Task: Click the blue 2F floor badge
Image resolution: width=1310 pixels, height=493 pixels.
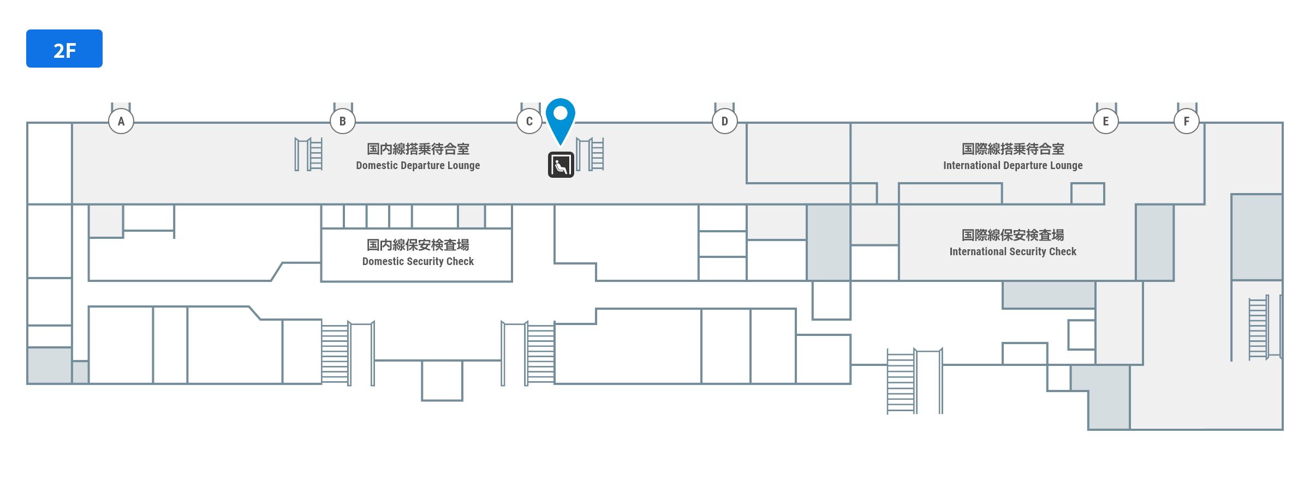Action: click(64, 49)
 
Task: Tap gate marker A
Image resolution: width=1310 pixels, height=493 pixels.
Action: click(121, 121)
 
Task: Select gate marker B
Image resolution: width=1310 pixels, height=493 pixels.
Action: click(343, 121)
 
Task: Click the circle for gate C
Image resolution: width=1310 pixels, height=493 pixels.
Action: click(529, 121)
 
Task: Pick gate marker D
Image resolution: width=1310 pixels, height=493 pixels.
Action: click(725, 121)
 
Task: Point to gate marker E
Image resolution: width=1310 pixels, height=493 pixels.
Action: click(1106, 121)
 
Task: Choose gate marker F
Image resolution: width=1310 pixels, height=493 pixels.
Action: click(1187, 121)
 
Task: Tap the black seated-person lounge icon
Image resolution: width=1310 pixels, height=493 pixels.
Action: click(561, 165)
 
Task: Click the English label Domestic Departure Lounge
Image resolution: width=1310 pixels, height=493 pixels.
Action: click(418, 166)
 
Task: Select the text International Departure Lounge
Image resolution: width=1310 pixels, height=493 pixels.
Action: click(1013, 166)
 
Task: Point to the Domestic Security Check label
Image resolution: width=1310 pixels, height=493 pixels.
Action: click(418, 262)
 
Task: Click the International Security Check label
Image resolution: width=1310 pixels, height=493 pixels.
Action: click(1013, 252)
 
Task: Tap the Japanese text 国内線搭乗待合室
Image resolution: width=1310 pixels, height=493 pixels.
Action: click(418, 149)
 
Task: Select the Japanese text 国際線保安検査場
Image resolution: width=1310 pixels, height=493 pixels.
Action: click(1013, 235)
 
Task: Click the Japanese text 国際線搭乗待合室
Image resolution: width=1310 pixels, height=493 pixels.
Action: click(1013, 149)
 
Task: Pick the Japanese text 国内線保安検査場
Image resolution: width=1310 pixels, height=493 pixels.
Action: click(418, 245)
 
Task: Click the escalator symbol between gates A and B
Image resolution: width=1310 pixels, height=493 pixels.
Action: click(309, 154)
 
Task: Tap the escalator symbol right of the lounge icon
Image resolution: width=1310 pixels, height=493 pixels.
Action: click(591, 154)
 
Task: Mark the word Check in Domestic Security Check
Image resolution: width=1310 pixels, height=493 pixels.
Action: click(460, 262)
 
